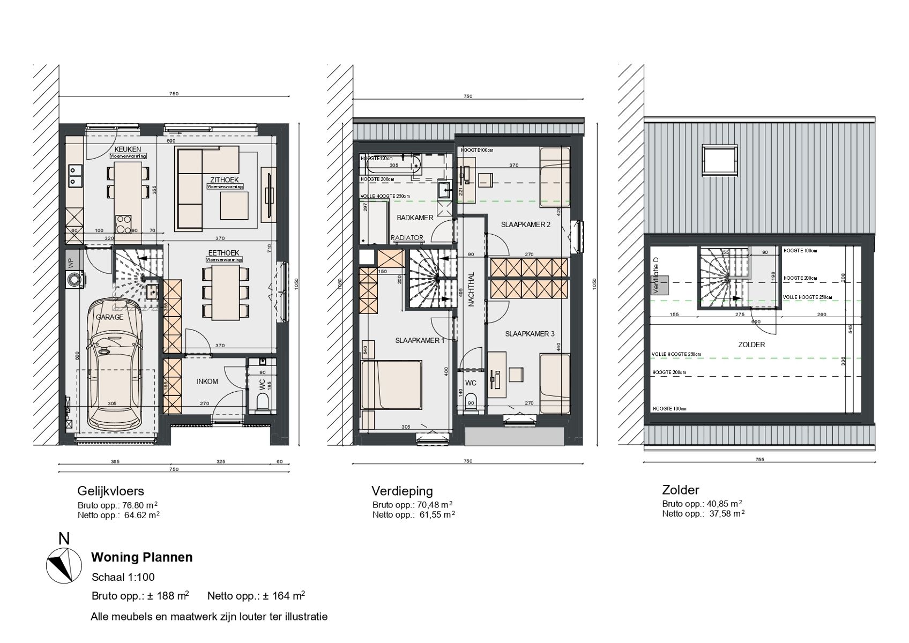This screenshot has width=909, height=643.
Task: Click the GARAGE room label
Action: pyautogui.click(x=110, y=317)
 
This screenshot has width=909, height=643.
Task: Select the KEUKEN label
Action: pyautogui.click(x=128, y=149)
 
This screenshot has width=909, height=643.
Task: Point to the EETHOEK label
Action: pyautogui.click(x=224, y=253)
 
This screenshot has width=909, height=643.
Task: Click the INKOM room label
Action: pyautogui.click(x=207, y=382)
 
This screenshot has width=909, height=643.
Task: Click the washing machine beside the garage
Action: pyautogui.click(x=74, y=280)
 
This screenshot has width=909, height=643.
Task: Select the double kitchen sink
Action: pyautogui.click(x=74, y=175)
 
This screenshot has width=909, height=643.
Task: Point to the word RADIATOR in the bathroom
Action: pyautogui.click(x=407, y=237)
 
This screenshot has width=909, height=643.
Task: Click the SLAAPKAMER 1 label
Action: pyautogui.click(x=420, y=340)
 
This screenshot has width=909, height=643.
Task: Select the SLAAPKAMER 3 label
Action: pyautogui.click(x=530, y=334)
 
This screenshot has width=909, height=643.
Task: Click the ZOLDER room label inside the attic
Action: pyautogui.click(x=751, y=345)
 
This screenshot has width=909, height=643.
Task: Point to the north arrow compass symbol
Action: pyautogui.click(x=59, y=566)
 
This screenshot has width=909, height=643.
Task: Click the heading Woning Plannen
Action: pyautogui.click(x=141, y=557)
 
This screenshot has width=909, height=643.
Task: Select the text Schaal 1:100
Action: pyautogui.click(x=123, y=577)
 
